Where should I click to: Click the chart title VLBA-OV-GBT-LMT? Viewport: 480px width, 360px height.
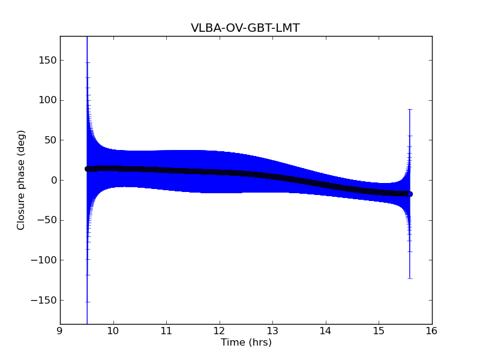coord(245,28)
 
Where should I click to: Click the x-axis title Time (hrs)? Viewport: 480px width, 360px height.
coord(246,343)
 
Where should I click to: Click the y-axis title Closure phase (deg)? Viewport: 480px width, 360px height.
coord(21,180)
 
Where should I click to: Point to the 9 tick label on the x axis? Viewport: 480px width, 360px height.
coord(60,331)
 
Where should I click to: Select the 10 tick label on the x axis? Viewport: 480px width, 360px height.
coord(113,331)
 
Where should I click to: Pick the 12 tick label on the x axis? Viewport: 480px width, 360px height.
coord(219,331)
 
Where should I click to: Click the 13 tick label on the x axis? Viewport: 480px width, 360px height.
coord(272,331)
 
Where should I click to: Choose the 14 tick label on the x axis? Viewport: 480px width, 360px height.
coord(325,331)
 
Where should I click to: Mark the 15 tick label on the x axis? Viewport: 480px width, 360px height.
coord(379,331)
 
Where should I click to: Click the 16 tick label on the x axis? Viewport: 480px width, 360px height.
coord(431,331)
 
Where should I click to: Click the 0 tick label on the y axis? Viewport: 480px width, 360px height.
coord(54,180)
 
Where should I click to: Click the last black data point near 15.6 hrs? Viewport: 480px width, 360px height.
coord(410,194)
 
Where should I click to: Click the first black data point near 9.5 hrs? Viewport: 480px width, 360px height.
coord(87,169)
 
